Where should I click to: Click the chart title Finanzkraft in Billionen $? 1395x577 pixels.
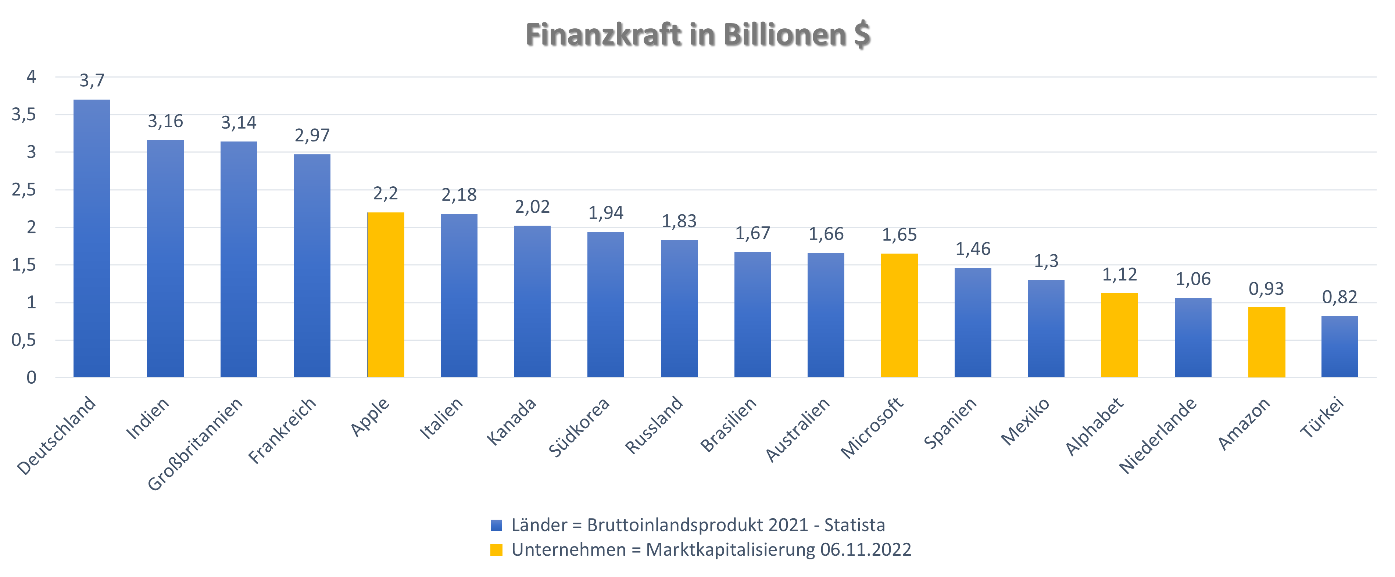(697, 35)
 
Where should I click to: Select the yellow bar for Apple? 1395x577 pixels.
(386, 295)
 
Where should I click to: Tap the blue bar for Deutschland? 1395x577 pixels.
(92, 238)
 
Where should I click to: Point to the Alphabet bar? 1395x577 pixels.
(1119, 335)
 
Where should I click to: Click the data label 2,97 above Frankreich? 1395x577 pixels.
(312, 135)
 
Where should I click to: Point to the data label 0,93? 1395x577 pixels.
(1266, 289)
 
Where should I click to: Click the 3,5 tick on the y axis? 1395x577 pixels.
(24, 115)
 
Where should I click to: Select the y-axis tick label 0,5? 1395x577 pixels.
(24, 340)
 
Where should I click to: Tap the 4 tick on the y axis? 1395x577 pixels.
(31, 77)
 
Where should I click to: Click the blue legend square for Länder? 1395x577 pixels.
(496, 525)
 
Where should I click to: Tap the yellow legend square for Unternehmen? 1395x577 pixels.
(496, 550)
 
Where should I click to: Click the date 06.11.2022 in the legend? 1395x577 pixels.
(865, 550)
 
